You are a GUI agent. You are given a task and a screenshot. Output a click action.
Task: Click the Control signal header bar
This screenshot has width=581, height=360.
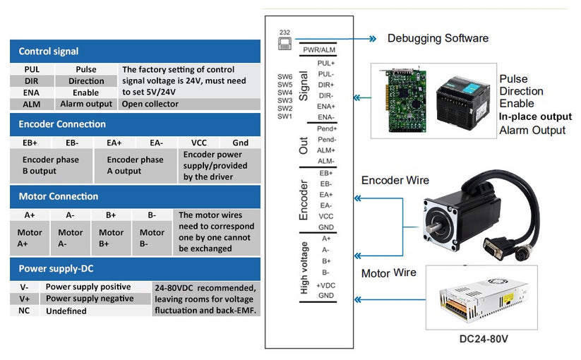pos(135,51)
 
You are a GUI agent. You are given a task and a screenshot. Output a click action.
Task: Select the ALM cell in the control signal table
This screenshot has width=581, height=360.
pos(32,104)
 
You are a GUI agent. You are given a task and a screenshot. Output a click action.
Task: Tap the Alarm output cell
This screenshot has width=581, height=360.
pos(86,104)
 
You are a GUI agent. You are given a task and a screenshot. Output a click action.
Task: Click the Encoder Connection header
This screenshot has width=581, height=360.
pos(135,124)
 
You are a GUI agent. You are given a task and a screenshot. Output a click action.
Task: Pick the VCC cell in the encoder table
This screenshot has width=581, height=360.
pos(199,143)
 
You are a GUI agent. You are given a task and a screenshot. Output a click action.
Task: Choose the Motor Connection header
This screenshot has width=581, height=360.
pos(135,196)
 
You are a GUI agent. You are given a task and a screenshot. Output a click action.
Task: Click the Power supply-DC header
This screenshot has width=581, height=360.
pos(135,268)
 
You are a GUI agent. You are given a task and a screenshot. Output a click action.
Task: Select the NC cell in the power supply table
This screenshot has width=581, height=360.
pos(24,311)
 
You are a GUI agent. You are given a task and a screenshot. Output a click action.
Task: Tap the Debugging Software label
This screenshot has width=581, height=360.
pos(438,38)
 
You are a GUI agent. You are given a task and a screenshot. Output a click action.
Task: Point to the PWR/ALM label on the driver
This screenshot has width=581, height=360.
pos(318,50)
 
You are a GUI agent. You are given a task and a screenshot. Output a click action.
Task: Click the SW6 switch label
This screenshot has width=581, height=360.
pos(284,77)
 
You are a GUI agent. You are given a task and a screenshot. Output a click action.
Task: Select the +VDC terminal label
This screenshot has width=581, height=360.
pos(325,284)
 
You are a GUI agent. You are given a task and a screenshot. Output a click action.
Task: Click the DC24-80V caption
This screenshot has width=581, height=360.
pos(484,339)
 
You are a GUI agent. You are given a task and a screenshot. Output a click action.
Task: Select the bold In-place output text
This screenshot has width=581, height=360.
pos(535,116)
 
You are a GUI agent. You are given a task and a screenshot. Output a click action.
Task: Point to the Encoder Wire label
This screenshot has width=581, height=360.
pos(395,180)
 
